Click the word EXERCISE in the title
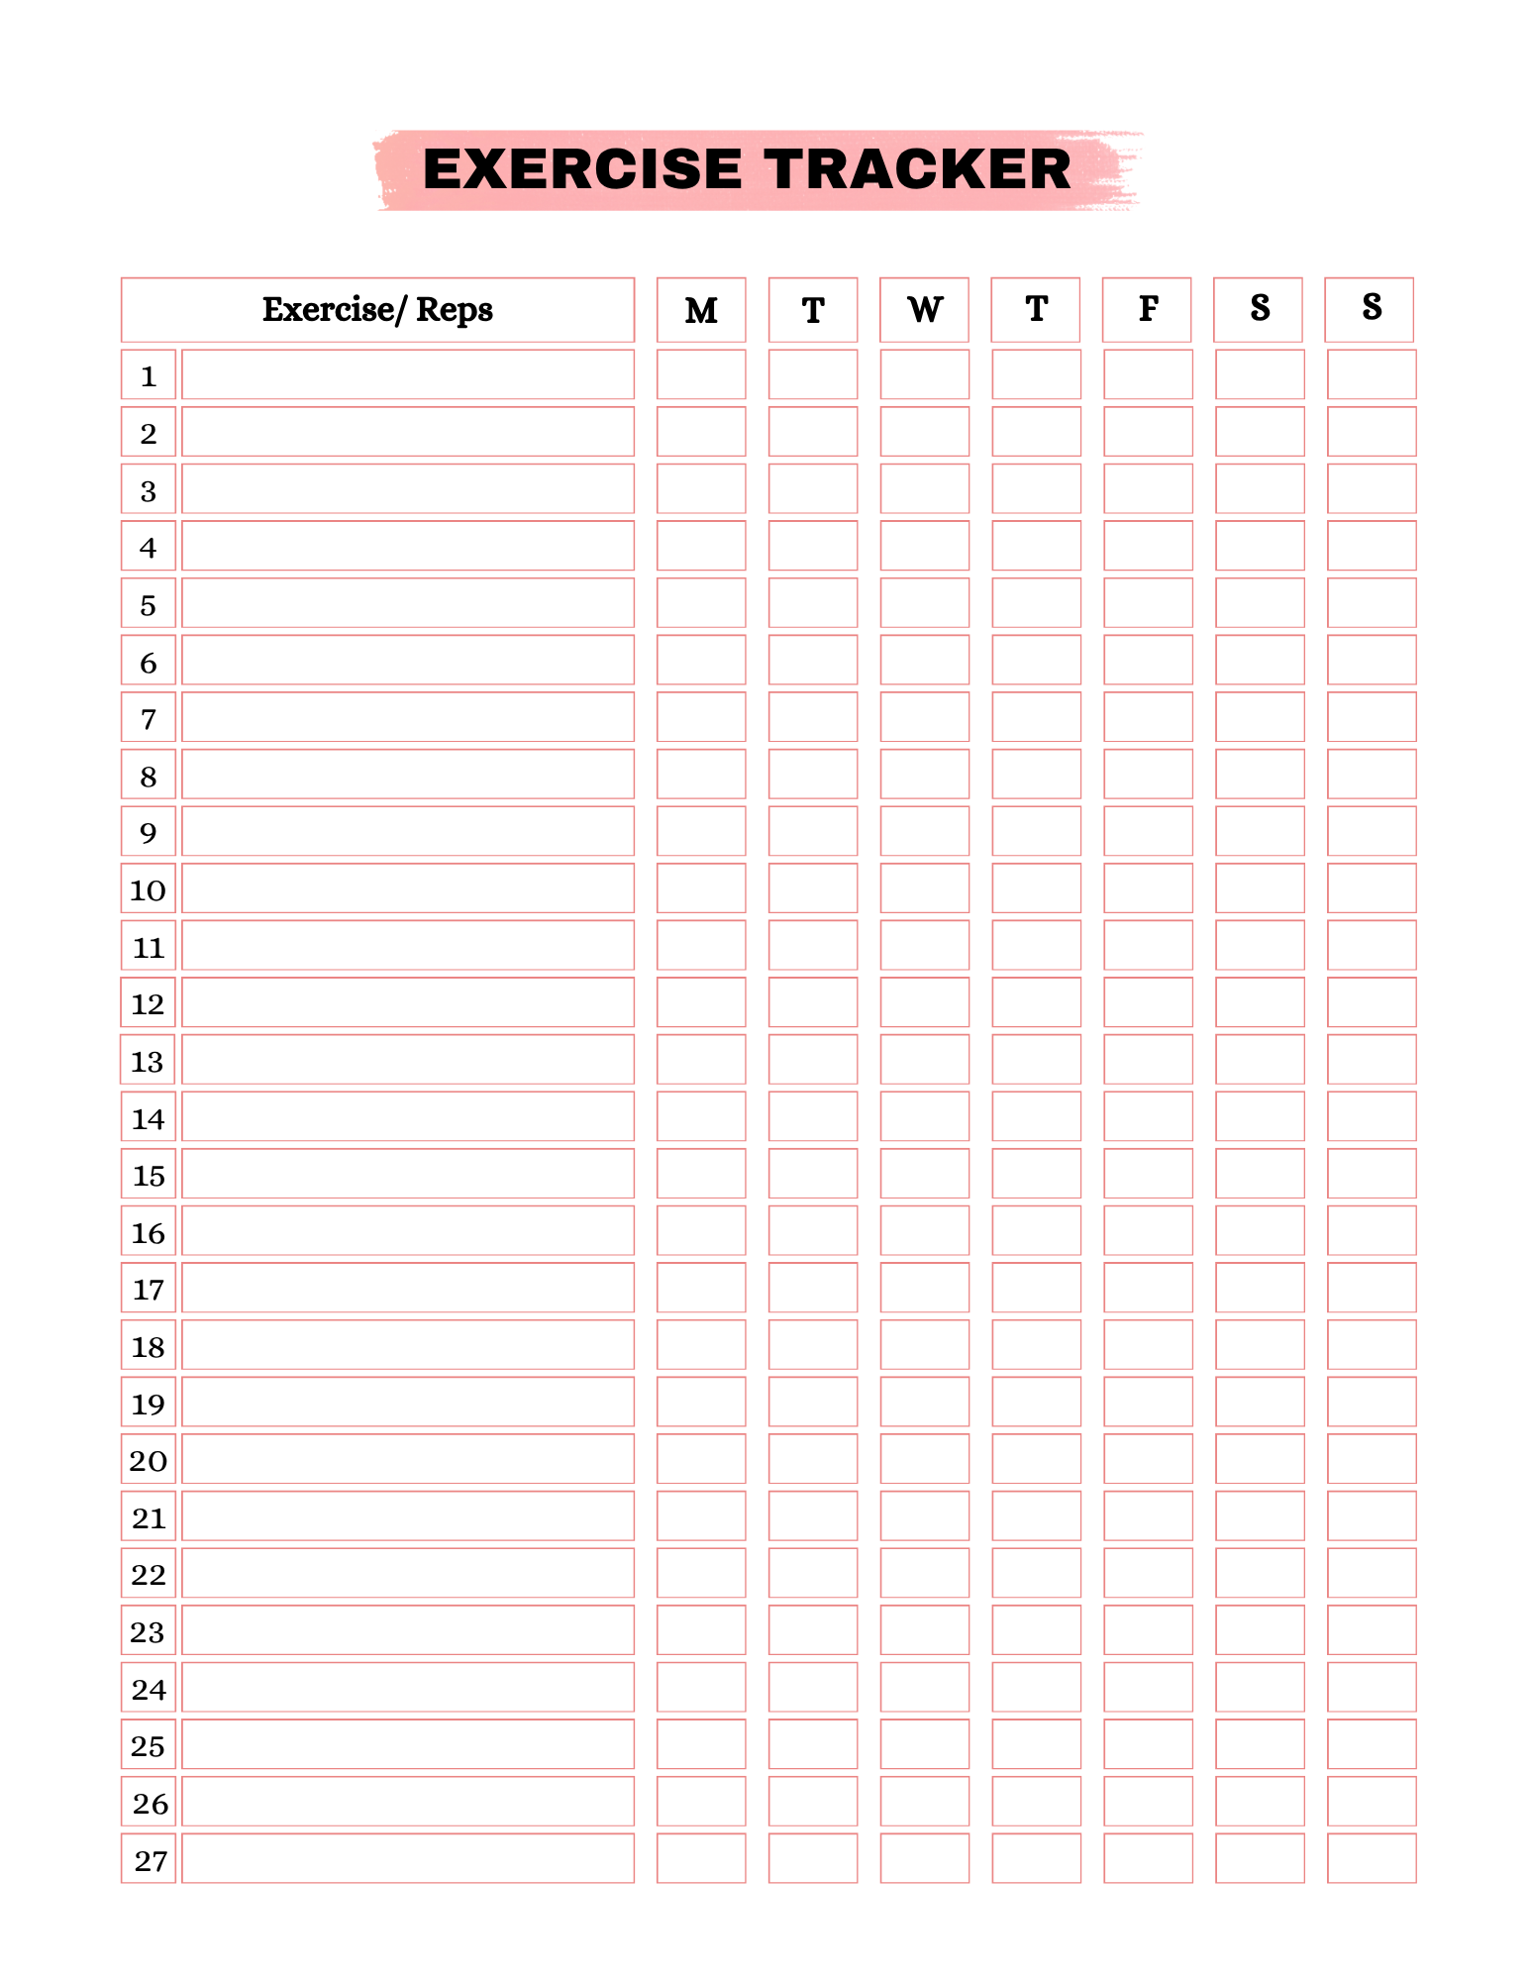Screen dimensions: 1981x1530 581,169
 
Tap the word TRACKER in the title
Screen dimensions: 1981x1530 917,169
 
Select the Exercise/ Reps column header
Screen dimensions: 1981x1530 377,310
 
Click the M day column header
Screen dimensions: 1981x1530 701,310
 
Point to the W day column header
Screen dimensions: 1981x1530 924,310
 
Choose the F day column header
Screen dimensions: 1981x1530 1148,310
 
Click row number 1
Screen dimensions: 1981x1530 149,375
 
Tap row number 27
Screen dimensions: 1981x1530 150,1860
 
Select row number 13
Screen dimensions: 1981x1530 148,1061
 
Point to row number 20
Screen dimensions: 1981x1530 149,1460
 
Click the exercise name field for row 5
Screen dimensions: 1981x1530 408,603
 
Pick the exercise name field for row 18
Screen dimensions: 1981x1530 408,1345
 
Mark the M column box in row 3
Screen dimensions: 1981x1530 701,489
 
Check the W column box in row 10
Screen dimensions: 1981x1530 924,888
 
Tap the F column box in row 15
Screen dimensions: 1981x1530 1148,1174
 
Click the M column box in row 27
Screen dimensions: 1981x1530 701,1858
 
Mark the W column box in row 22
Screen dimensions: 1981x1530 924,1573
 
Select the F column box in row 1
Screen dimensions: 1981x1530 1148,374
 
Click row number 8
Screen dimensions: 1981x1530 149,776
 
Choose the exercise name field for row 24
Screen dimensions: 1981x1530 408,1688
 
